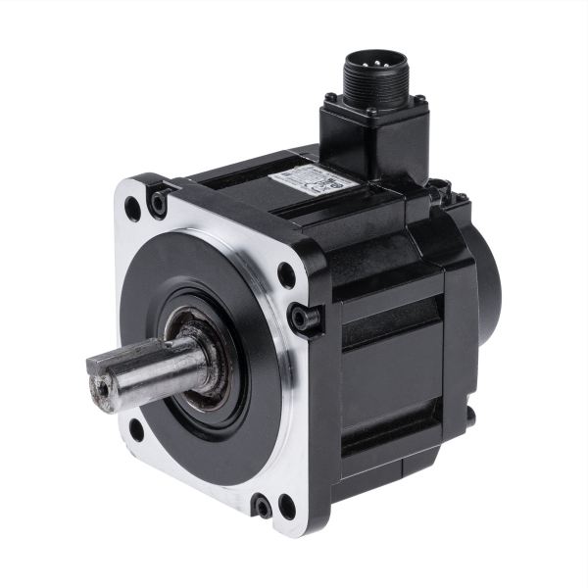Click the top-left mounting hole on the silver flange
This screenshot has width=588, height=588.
[x=132, y=207]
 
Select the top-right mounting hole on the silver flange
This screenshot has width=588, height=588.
[x=286, y=275]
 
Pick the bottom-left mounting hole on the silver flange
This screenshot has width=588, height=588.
[x=136, y=428]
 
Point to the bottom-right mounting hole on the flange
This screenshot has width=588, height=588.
[x=287, y=507]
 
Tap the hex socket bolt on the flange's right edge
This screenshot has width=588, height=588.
[x=302, y=318]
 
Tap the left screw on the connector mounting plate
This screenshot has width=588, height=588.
[x=330, y=97]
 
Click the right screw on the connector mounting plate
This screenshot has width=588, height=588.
[x=418, y=99]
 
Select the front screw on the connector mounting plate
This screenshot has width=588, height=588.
[x=372, y=112]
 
